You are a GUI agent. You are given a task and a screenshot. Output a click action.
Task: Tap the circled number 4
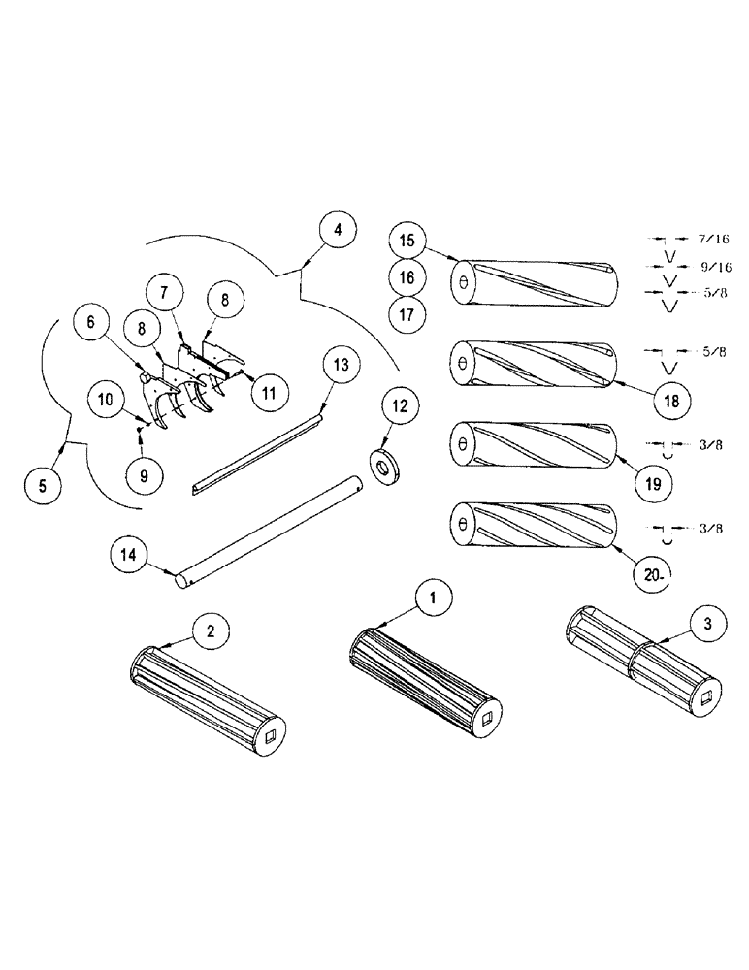click(337, 231)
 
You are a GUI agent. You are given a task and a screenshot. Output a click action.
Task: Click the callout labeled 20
click(652, 573)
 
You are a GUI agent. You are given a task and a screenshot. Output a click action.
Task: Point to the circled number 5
click(41, 485)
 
